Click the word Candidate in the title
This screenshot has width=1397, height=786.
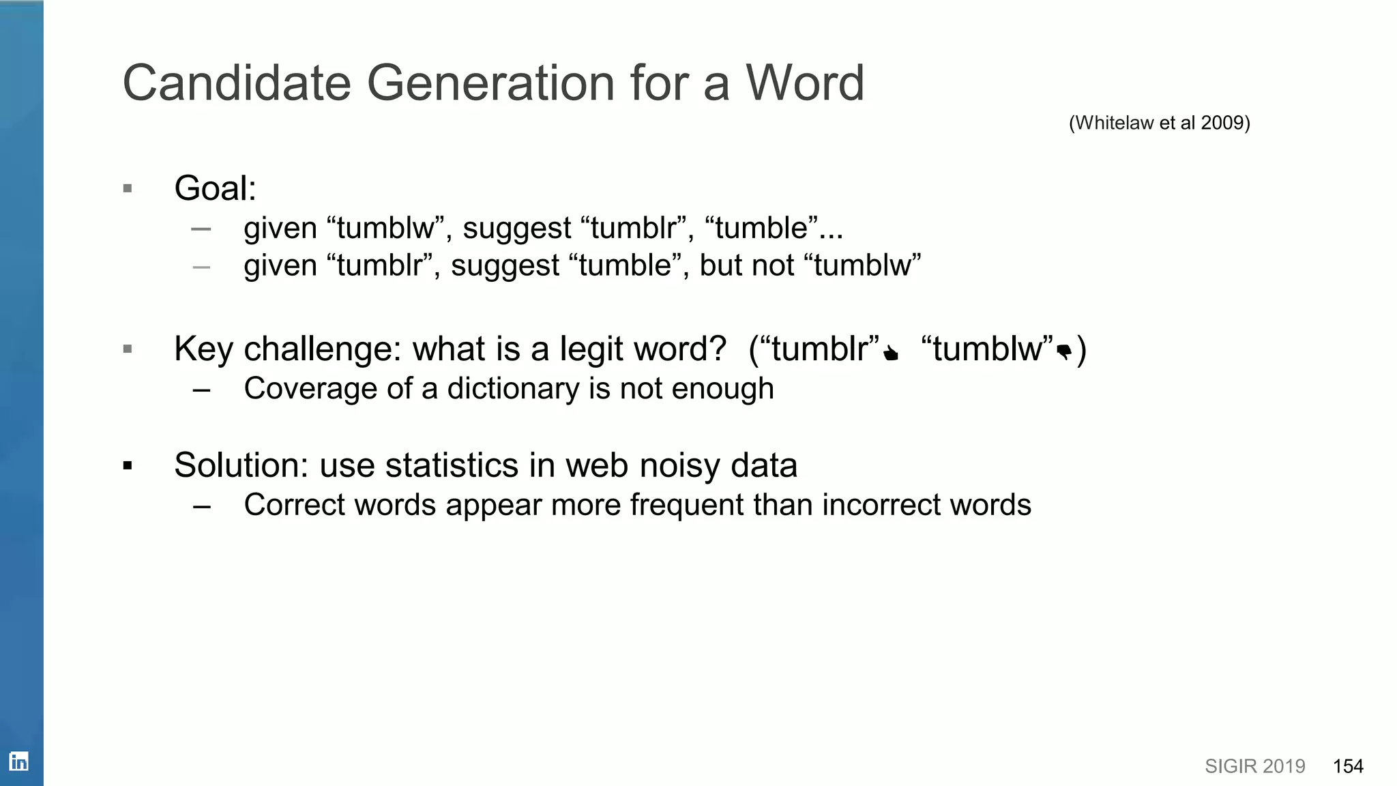point(236,83)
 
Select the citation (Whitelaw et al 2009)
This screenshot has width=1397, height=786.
point(1159,123)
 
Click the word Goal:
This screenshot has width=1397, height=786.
point(215,188)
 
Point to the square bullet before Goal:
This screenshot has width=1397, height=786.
point(128,188)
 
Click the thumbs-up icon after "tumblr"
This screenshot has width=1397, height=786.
point(891,353)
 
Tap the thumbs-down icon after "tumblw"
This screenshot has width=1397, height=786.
point(1063,353)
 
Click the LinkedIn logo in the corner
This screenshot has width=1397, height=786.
point(18,761)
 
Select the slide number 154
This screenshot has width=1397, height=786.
point(1348,766)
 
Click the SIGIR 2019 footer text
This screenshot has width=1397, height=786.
point(1254,766)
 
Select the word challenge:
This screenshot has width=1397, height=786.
point(323,349)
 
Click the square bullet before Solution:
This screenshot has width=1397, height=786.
point(128,466)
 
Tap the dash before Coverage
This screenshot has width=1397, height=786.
point(201,390)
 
